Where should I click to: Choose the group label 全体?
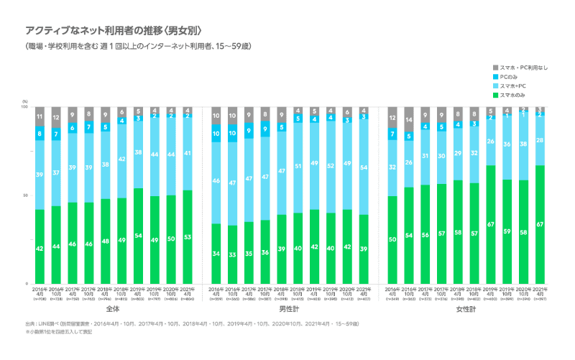112,309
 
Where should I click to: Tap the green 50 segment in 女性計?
392,239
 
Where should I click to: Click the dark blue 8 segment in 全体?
40,133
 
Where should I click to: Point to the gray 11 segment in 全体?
40,116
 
